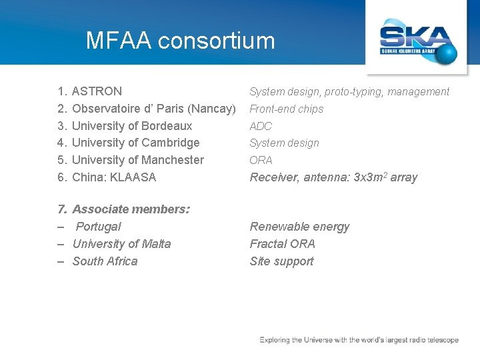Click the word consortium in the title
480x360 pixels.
click(217, 41)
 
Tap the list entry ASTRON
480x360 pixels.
click(97, 91)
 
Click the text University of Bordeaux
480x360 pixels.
click(132, 126)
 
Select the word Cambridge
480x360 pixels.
click(170, 143)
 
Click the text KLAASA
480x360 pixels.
click(133, 177)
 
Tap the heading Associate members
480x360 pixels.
click(131, 209)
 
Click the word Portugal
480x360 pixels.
click(99, 227)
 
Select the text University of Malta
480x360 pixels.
click(121, 244)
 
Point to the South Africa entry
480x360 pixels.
click(105, 261)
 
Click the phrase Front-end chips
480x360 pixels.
click(286, 109)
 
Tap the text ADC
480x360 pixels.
click(261, 126)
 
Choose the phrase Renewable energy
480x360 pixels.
click(299, 227)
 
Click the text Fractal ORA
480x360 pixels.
click(282, 244)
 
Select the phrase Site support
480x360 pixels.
click(281, 261)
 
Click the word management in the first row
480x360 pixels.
click(419, 92)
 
